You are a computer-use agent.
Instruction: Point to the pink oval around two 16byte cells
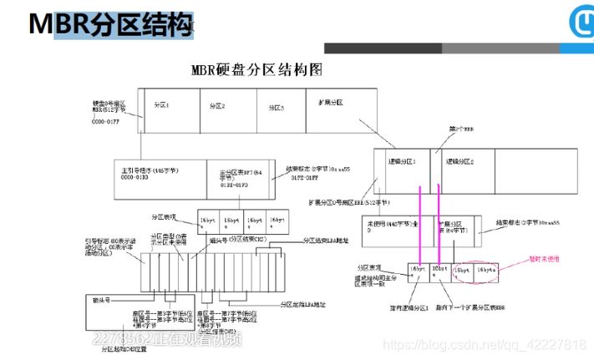tap(475, 271)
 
